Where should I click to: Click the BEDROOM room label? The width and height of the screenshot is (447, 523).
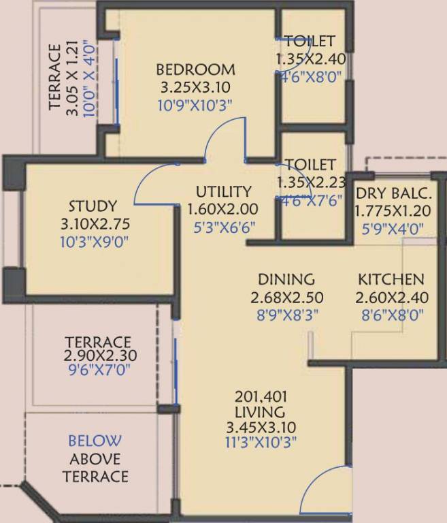[x=196, y=69]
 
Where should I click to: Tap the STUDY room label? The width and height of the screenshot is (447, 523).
[x=93, y=206]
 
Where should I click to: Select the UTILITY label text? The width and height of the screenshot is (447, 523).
[x=223, y=191]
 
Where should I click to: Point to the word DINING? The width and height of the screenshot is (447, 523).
[x=286, y=279]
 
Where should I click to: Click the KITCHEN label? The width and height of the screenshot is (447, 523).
[x=391, y=279]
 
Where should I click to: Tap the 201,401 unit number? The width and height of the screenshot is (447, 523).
[x=259, y=396]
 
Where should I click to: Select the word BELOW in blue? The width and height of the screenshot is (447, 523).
[x=95, y=441]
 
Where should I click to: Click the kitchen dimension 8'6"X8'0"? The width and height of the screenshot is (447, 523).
[x=391, y=314]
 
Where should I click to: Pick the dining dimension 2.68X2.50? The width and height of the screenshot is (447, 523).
[x=286, y=297]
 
